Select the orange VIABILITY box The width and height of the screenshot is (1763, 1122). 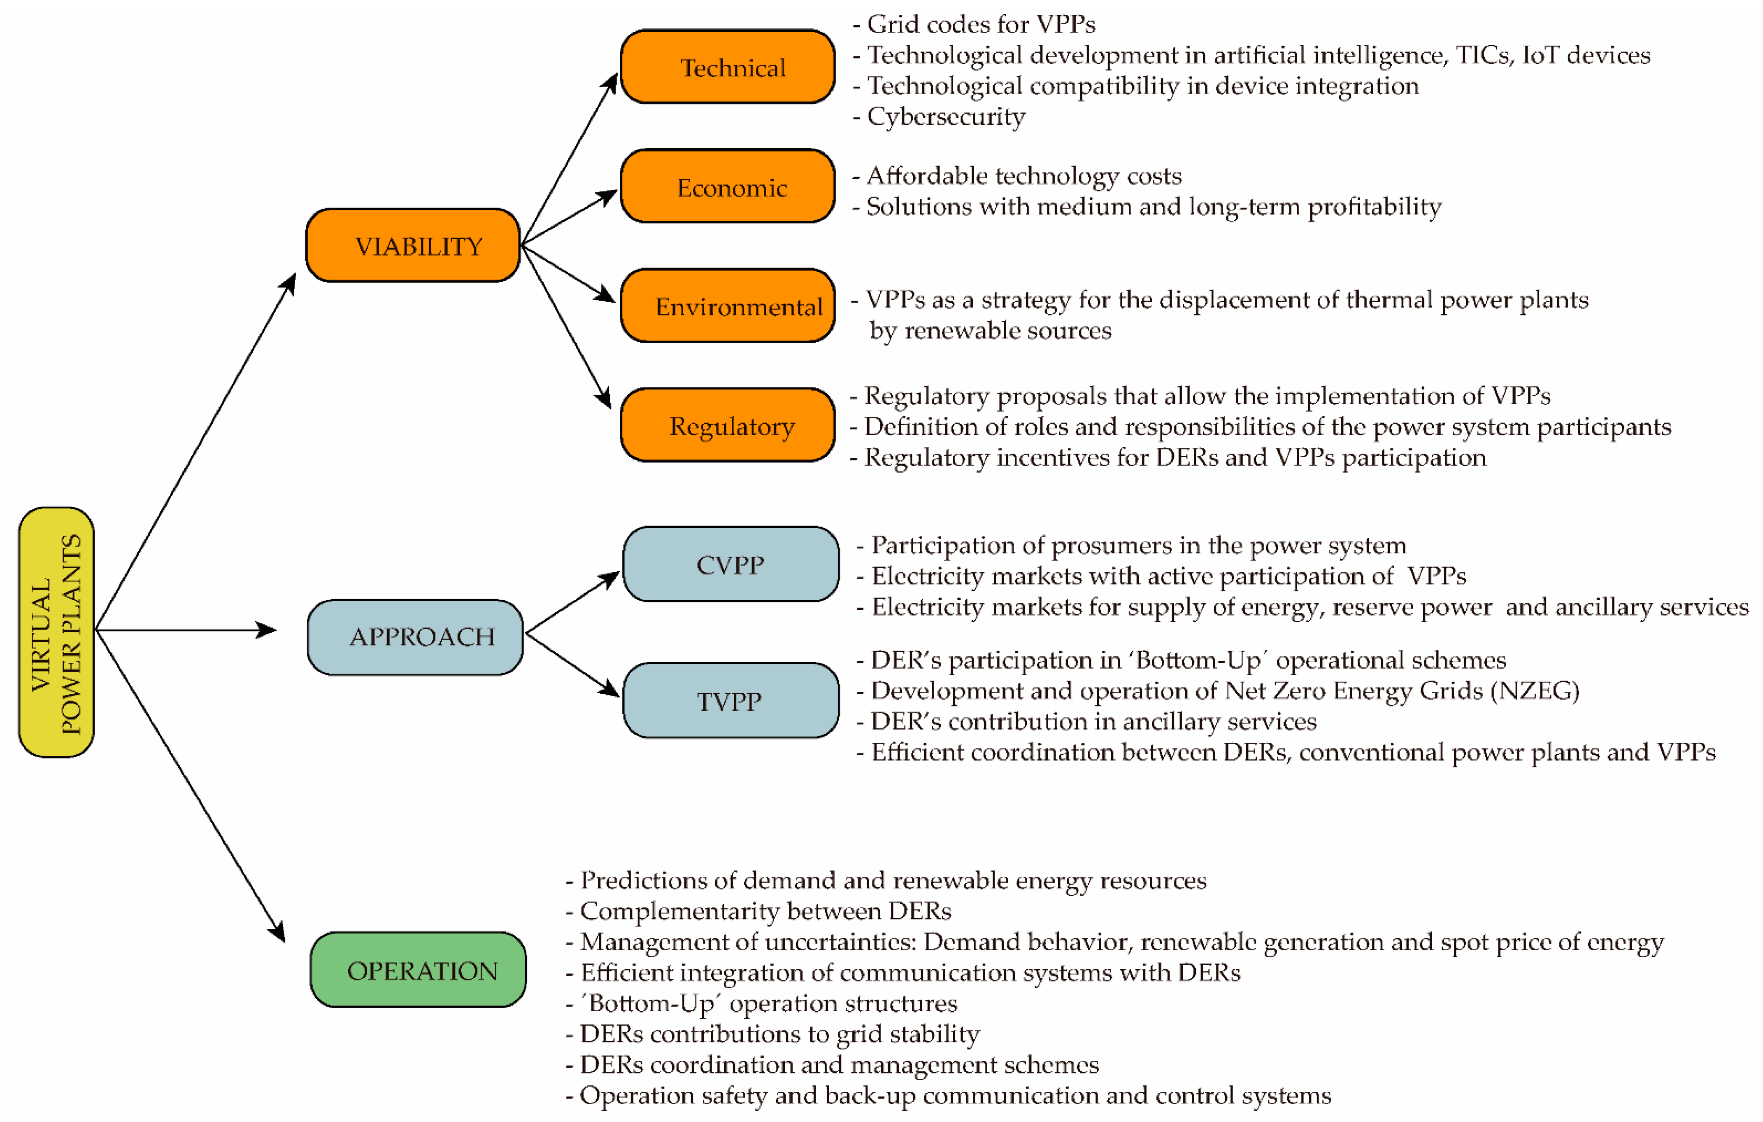coord(413,245)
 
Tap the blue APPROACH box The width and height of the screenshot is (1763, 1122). coord(415,637)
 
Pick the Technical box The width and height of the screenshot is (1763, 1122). coord(727,67)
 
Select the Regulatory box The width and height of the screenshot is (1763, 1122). coord(727,425)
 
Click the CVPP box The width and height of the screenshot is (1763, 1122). coord(731,564)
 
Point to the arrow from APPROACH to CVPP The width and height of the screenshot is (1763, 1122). coord(572,602)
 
